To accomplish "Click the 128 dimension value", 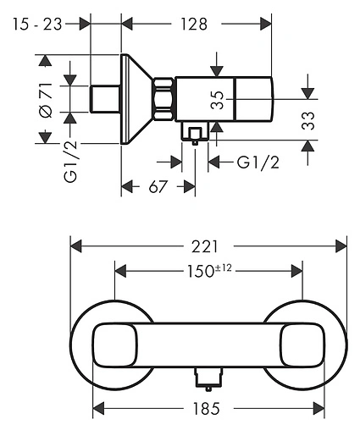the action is coord(194,24).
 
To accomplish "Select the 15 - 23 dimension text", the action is coord(37,24).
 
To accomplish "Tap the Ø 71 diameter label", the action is coord(46,100).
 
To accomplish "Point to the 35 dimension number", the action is coord(218,100).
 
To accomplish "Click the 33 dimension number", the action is coord(307,121).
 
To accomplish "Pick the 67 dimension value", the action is coord(158,187).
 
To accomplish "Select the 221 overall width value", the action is coord(205,246).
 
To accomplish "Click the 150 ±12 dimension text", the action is coord(209,271).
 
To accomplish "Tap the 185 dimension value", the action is coord(206,409).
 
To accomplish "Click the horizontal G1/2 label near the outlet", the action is coord(258,163).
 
